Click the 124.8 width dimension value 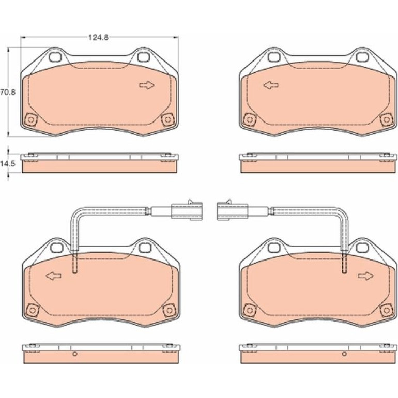[98, 38]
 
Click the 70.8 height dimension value [8, 92]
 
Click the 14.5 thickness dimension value [8, 164]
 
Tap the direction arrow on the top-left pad [147, 85]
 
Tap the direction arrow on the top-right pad [271, 85]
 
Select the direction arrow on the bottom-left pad [54, 275]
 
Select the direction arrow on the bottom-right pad [366, 275]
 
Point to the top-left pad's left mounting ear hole [55, 57]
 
